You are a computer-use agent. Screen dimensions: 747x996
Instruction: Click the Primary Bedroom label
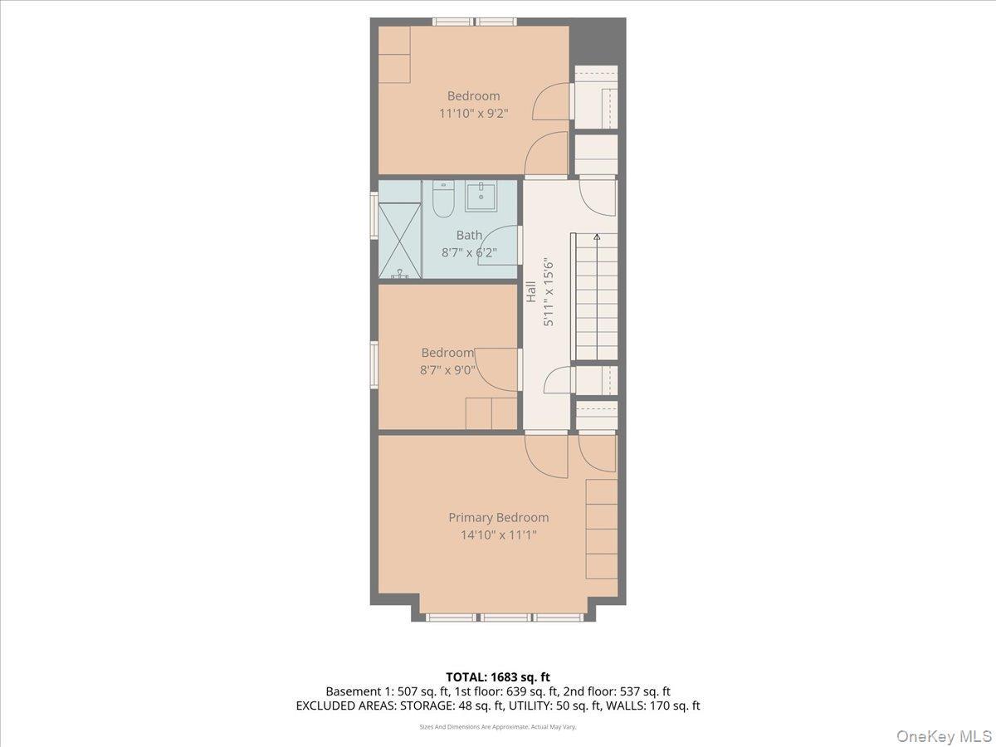point(498,517)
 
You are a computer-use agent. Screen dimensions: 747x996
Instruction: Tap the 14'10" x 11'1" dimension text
point(498,535)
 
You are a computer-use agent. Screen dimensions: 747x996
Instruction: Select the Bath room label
point(469,236)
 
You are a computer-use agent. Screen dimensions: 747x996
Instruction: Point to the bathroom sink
point(481,197)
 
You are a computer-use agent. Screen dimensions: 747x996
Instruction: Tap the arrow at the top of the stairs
point(596,237)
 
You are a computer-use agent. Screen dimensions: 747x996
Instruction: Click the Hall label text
point(530,291)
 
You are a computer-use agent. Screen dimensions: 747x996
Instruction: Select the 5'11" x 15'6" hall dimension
point(548,292)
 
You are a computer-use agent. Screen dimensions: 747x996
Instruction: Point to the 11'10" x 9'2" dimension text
point(473,113)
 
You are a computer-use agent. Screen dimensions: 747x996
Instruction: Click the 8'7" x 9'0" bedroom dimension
point(447,370)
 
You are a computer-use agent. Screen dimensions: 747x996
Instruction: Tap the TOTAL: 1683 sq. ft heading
point(497,677)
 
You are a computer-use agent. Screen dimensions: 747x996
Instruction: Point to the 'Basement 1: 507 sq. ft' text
point(378,691)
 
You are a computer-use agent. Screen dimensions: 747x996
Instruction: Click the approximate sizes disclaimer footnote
point(497,726)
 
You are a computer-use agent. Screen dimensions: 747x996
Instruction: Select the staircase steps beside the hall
point(595,299)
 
